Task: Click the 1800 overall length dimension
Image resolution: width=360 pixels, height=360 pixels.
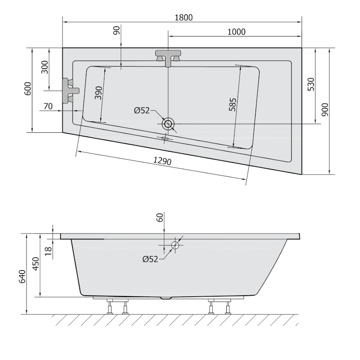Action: click(183, 18)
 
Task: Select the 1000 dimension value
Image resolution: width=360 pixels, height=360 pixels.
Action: click(237, 31)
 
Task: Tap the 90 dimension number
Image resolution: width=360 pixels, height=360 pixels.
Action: click(116, 31)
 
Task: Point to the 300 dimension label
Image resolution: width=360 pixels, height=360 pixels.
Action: click(44, 67)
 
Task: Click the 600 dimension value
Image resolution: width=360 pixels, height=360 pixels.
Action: click(27, 89)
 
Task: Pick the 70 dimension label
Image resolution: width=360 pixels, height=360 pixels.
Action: click(48, 107)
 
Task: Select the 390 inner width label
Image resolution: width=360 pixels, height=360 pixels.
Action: click(99, 93)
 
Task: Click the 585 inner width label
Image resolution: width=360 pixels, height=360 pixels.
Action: click(233, 104)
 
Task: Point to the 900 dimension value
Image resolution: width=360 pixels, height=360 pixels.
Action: click(325, 109)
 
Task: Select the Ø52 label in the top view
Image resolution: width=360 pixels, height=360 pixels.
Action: click(142, 111)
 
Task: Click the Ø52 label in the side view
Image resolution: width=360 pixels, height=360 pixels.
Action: click(150, 259)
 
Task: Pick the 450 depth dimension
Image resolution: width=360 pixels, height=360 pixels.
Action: click(37, 265)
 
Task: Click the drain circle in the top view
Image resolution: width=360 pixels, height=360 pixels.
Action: click(168, 124)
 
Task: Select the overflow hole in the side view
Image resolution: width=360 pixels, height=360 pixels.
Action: click(175, 245)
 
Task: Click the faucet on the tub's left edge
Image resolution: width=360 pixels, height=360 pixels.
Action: click(70, 90)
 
